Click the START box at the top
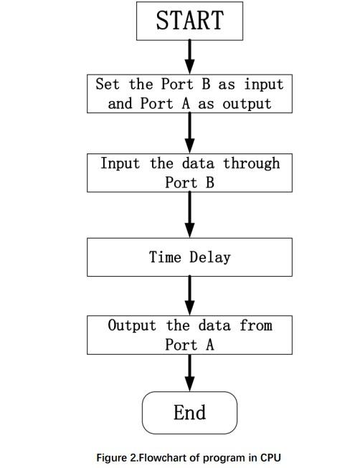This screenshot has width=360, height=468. pos(189,20)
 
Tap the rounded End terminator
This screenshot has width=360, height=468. pos(189,413)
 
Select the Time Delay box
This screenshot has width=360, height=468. pos(189,257)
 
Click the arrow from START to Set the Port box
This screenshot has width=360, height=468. pos(190,56)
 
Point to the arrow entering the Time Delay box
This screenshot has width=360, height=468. pos(190,215)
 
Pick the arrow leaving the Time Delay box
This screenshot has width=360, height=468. pos(190,295)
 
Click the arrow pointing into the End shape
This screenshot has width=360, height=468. pos(190,373)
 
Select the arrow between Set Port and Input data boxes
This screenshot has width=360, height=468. pos(190,133)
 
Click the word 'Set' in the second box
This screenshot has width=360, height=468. pos(108,84)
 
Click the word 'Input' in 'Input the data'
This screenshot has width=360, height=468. pos(120,163)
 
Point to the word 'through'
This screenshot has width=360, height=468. pos(251,163)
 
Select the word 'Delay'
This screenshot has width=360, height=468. pos(210,257)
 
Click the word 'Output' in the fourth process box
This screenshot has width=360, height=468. pos(132,325)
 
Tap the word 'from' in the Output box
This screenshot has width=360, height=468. pos(256,325)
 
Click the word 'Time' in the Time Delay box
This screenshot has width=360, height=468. pos(166,257)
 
